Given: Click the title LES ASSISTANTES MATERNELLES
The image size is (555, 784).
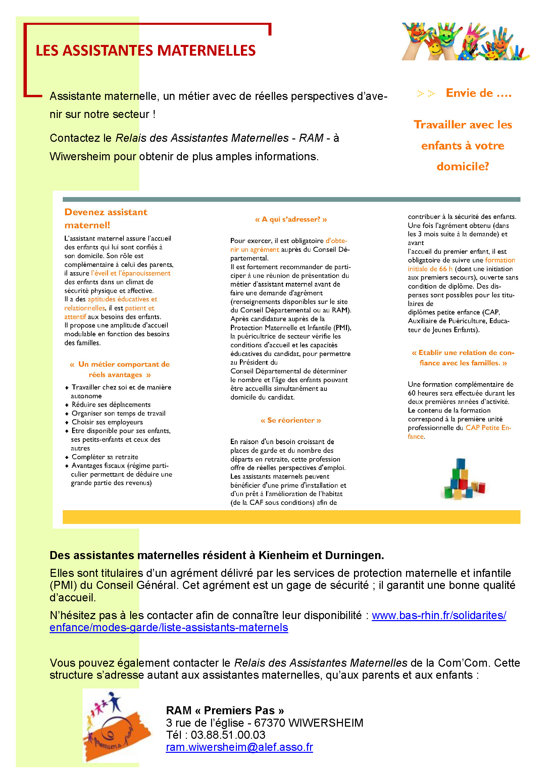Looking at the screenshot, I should click(x=146, y=51).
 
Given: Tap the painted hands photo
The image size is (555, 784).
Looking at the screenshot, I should click(x=465, y=41).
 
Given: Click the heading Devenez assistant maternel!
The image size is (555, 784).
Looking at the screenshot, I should click(x=106, y=219).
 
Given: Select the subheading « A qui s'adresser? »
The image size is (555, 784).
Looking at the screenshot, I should click(x=291, y=220).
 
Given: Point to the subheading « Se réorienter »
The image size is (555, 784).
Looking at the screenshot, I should click(x=291, y=420).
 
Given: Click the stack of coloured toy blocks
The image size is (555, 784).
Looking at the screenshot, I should click(x=464, y=479).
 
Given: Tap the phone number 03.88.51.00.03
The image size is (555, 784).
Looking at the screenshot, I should click(x=228, y=734).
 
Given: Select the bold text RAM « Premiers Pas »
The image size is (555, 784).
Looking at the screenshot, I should click(x=225, y=710).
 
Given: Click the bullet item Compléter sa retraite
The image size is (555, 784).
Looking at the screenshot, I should click(x=105, y=457).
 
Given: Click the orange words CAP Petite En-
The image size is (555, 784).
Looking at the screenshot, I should click(x=488, y=428).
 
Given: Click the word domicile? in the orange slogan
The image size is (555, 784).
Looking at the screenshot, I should click(x=463, y=166).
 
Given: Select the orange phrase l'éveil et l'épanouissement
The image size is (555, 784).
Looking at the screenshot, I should click(x=131, y=273).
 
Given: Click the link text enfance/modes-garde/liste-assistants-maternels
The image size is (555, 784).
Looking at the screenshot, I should click(x=169, y=627).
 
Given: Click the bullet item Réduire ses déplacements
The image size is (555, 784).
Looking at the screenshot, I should click(x=111, y=405).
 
